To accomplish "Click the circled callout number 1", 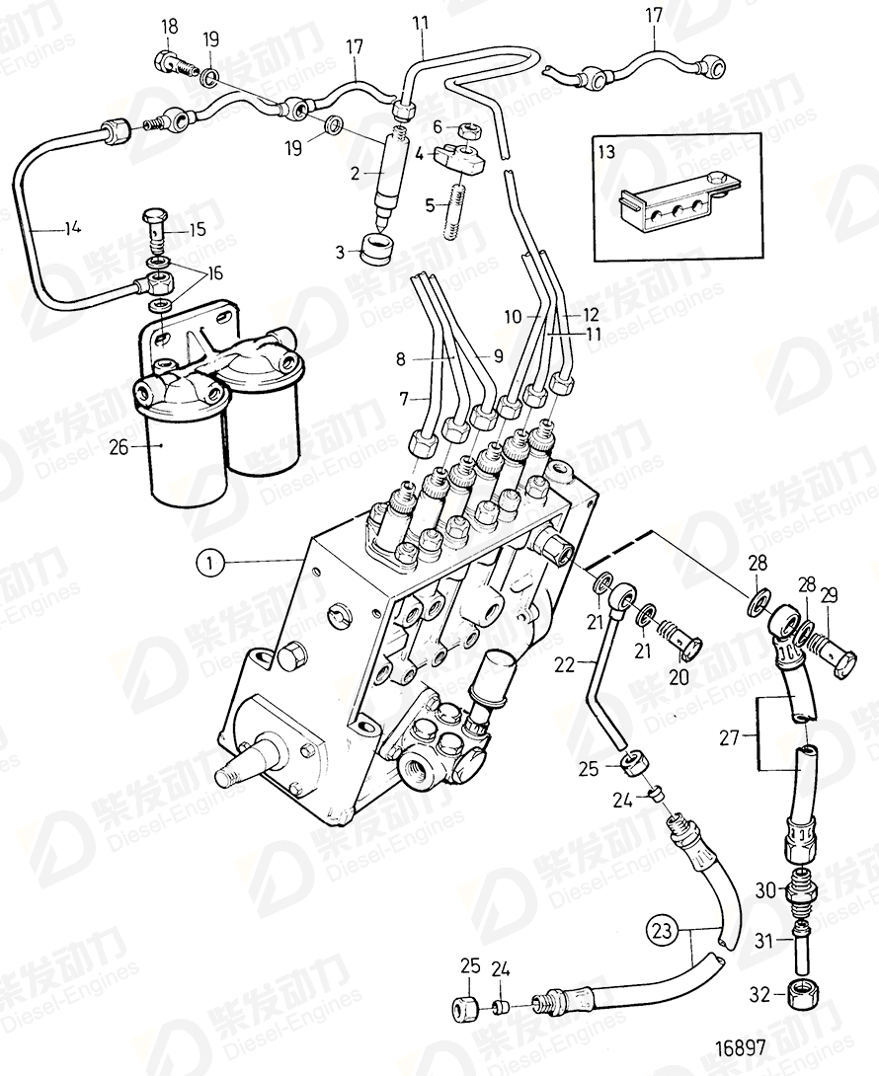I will point(209,563).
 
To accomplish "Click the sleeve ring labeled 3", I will point(375,250).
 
